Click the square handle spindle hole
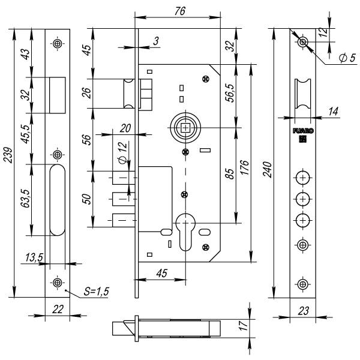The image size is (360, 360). click(x=185, y=128)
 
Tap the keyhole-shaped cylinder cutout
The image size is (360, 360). click(x=185, y=233)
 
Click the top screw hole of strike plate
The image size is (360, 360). click(x=58, y=43)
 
